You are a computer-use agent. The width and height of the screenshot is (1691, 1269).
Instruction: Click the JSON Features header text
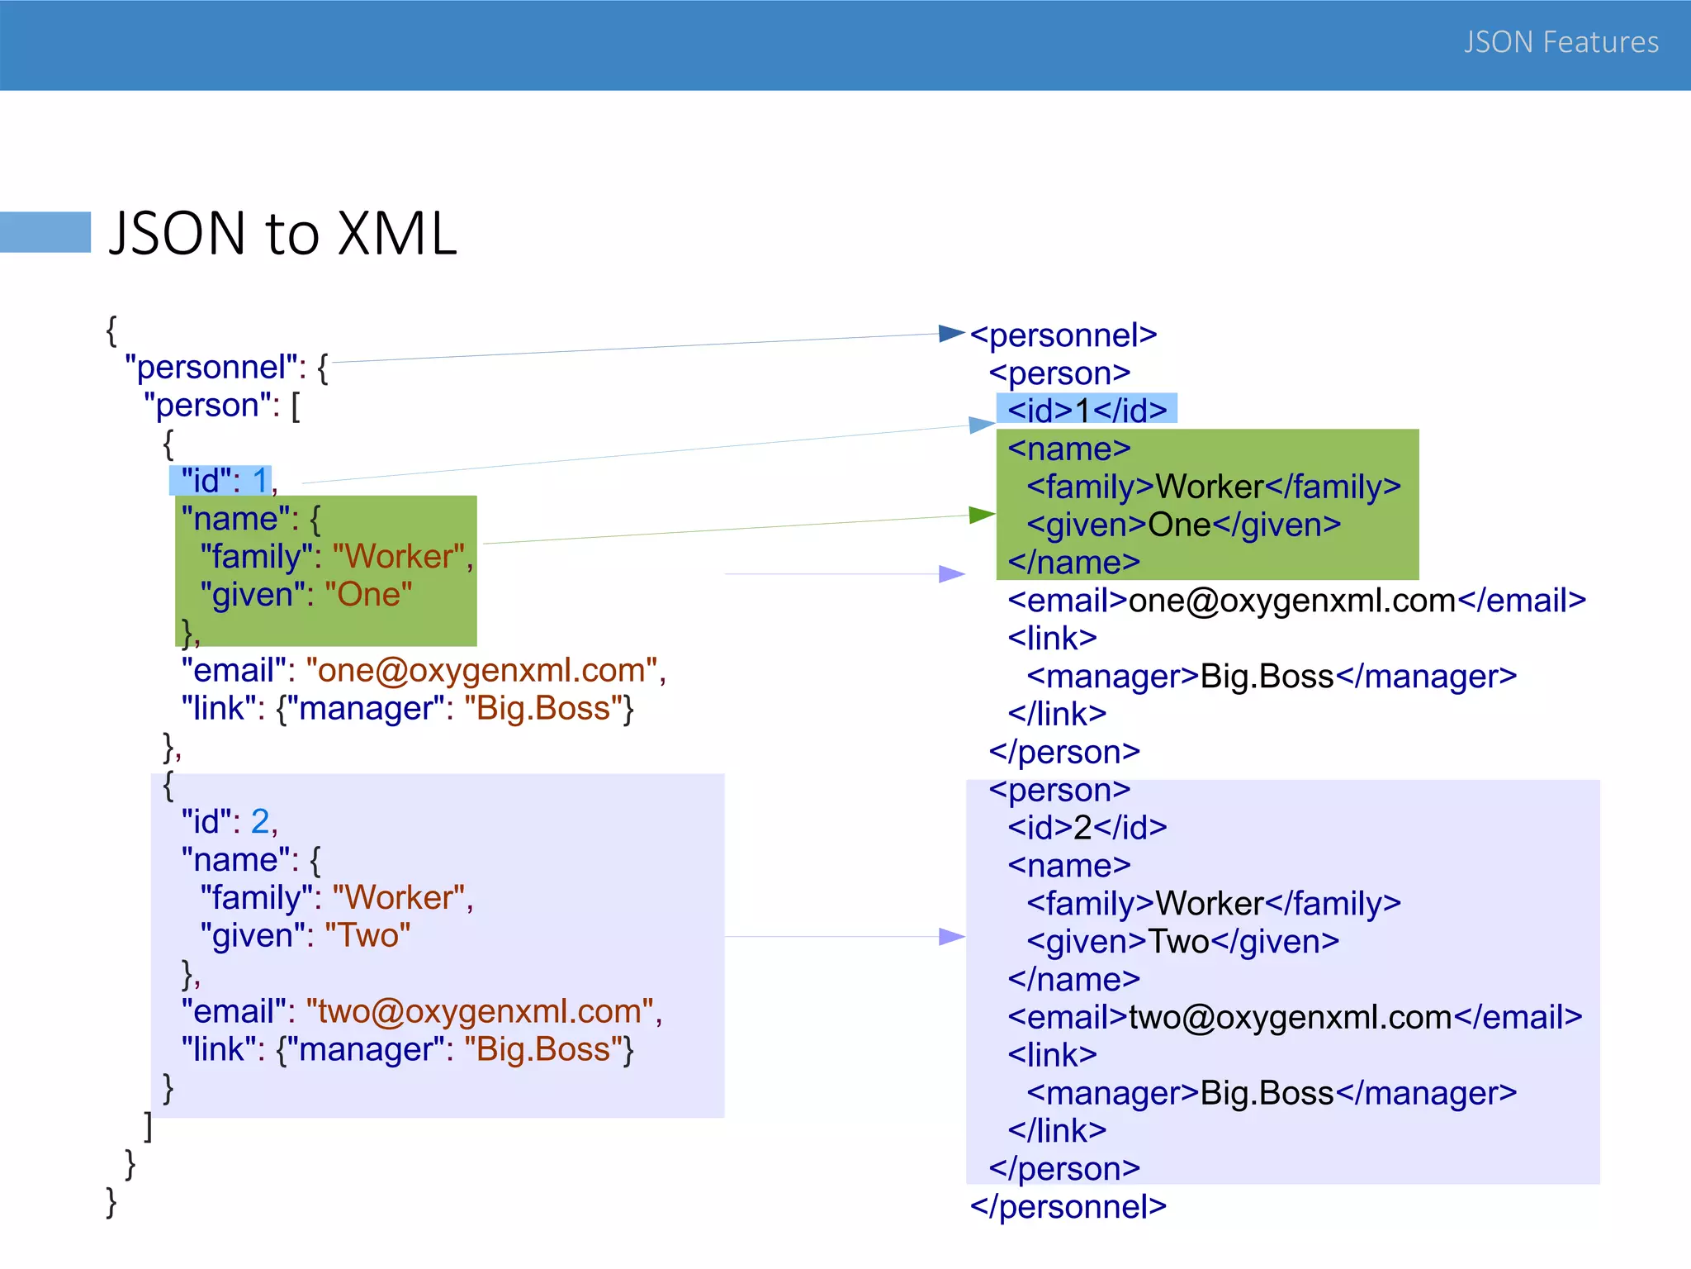tap(1561, 42)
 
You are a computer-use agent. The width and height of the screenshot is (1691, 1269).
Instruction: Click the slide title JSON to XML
tap(282, 234)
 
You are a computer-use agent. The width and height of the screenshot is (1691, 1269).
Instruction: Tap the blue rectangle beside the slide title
tap(45, 232)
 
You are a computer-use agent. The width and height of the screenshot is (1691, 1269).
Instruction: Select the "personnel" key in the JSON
tap(211, 367)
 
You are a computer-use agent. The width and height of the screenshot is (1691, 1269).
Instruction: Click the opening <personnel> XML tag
tap(1063, 335)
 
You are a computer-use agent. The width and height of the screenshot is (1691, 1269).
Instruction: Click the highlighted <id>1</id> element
tap(1087, 410)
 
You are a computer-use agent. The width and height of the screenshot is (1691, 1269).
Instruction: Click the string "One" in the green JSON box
tap(368, 595)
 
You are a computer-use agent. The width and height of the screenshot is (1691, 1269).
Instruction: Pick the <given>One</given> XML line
tap(1183, 525)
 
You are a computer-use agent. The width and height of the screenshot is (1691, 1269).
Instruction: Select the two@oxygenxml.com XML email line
tap(1294, 1017)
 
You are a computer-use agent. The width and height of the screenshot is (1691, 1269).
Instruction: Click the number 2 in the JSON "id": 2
tap(260, 821)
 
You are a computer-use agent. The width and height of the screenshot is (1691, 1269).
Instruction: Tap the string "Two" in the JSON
tap(367, 935)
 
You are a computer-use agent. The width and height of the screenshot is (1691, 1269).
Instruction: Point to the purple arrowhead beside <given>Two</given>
tap(951, 936)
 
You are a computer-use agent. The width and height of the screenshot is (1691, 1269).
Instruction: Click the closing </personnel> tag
tap(1068, 1207)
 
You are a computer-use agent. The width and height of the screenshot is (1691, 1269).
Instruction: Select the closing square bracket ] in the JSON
tap(148, 1125)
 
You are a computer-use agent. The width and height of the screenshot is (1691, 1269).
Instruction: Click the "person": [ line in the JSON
tap(221, 406)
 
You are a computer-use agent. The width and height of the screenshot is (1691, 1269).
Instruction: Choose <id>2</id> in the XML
tap(1087, 827)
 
